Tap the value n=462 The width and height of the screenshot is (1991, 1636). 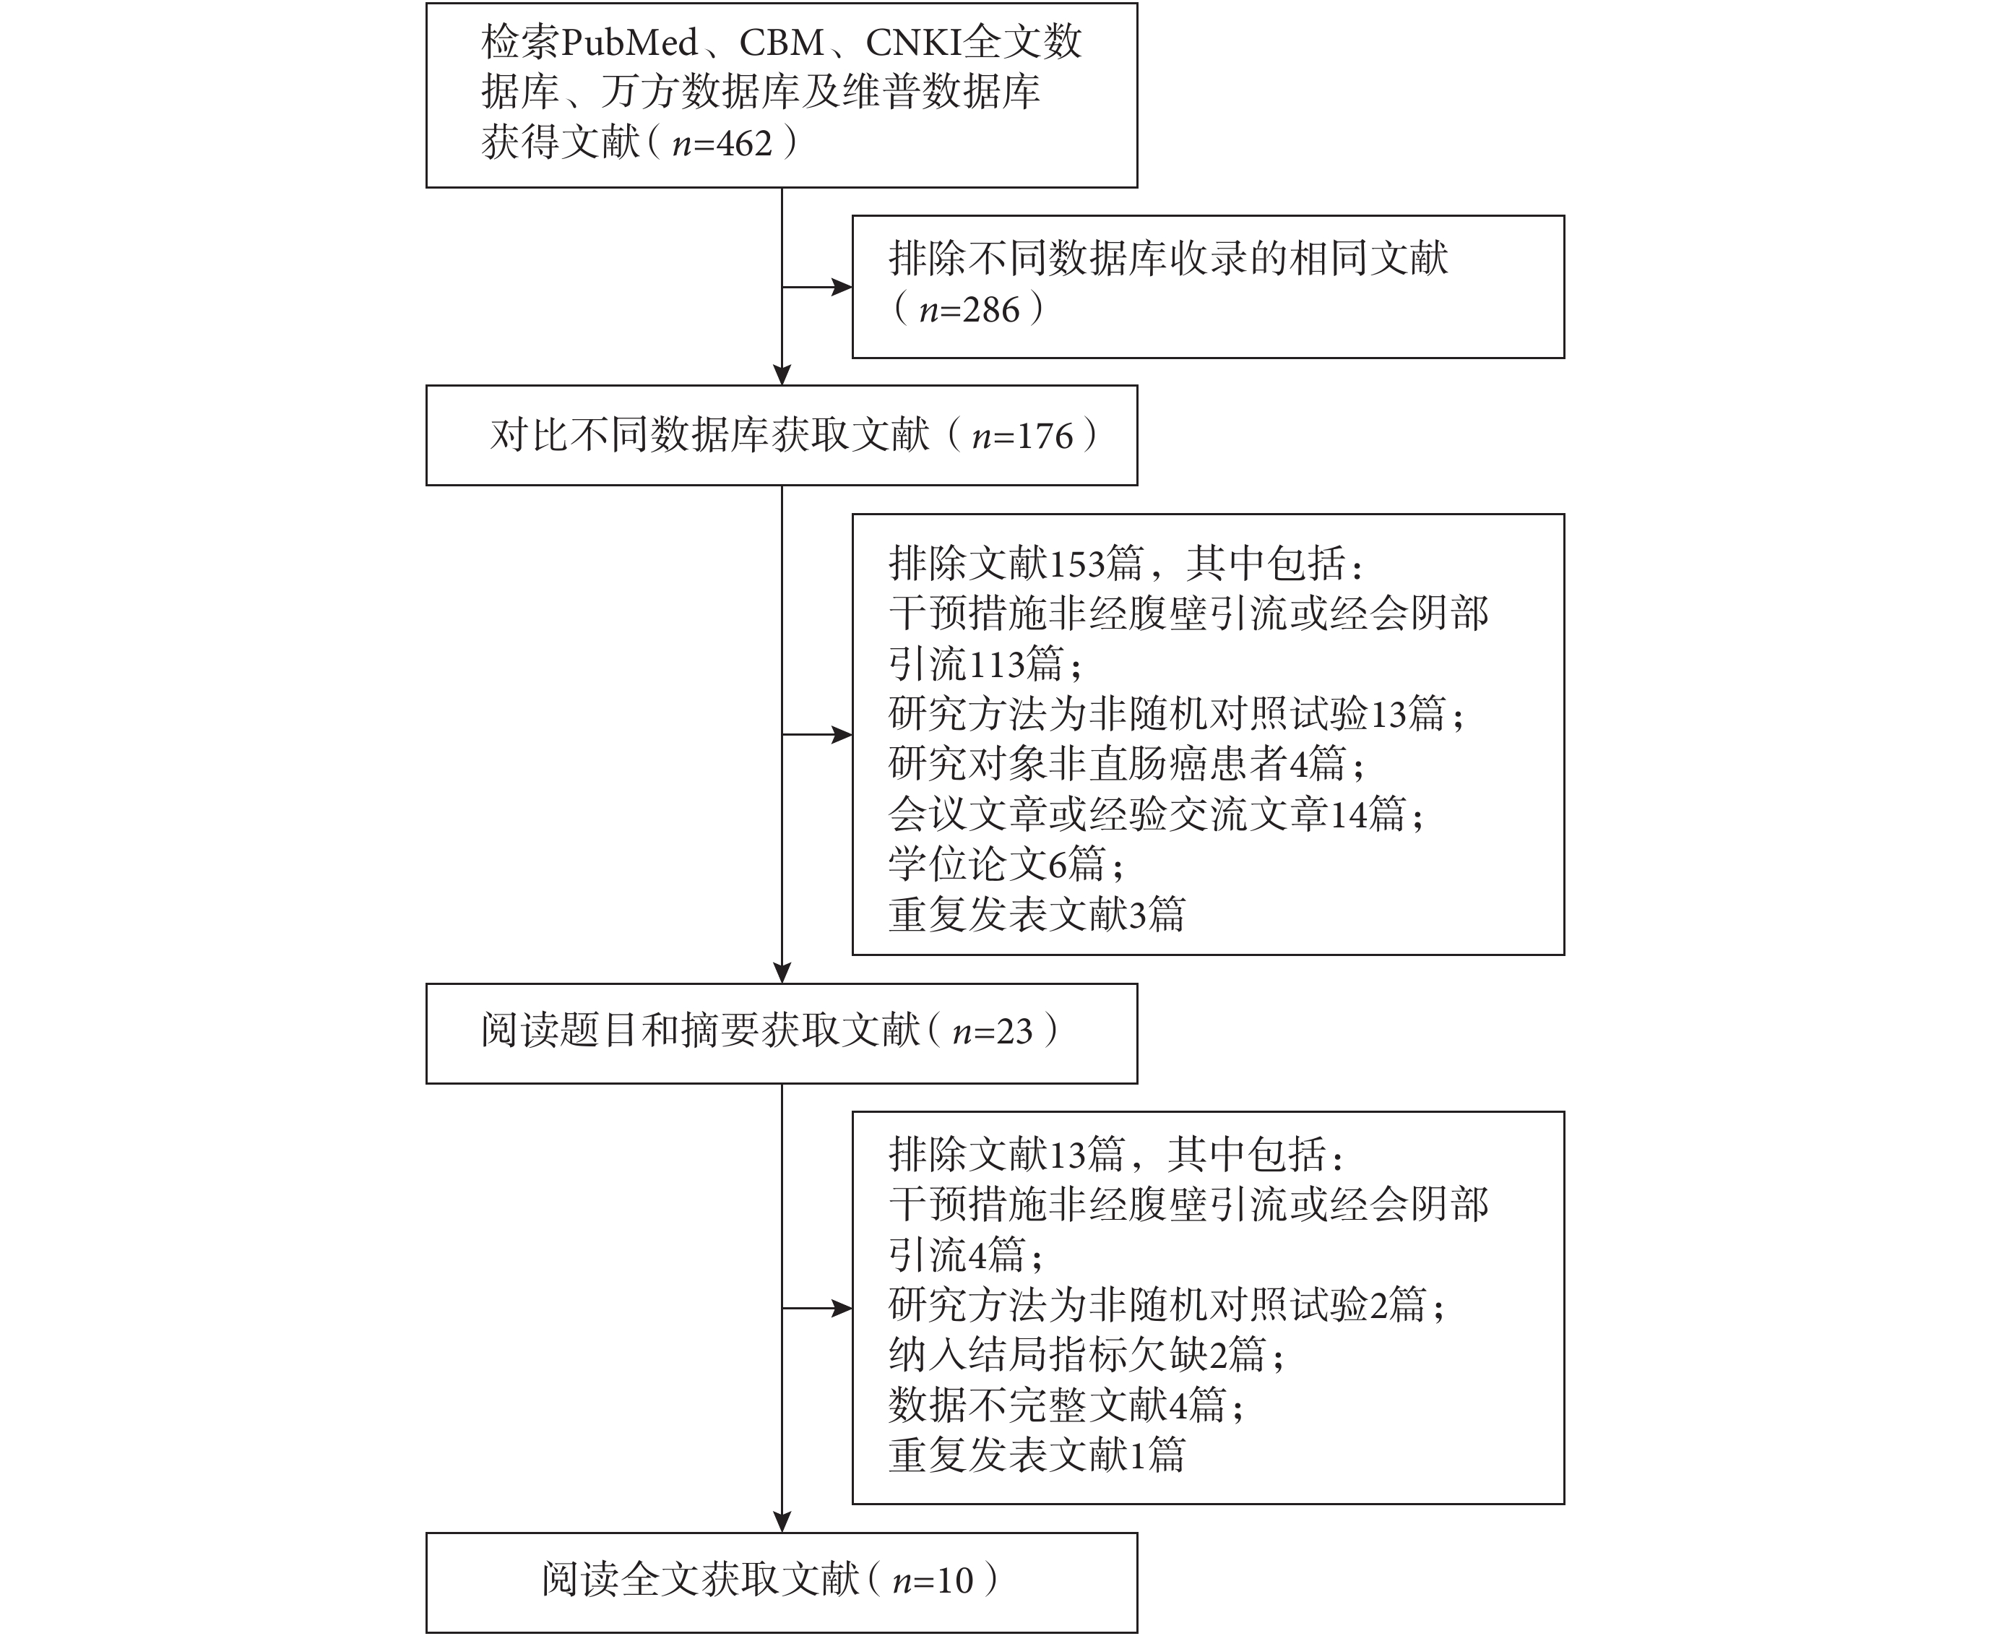click(x=722, y=143)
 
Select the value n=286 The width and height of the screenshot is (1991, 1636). click(x=969, y=310)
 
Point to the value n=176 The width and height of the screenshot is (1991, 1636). click(x=1022, y=436)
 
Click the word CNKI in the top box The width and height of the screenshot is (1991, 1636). click(x=914, y=43)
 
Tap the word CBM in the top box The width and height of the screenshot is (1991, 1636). click(x=781, y=43)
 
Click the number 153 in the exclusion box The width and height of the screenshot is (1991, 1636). click(x=1076, y=564)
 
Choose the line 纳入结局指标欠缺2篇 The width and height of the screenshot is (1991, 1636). click(x=1087, y=1355)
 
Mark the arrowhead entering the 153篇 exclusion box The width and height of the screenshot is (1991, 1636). click(x=842, y=735)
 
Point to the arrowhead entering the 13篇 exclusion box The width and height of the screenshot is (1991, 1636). click(x=842, y=1308)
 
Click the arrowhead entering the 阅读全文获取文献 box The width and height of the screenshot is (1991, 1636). click(x=782, y=1522)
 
